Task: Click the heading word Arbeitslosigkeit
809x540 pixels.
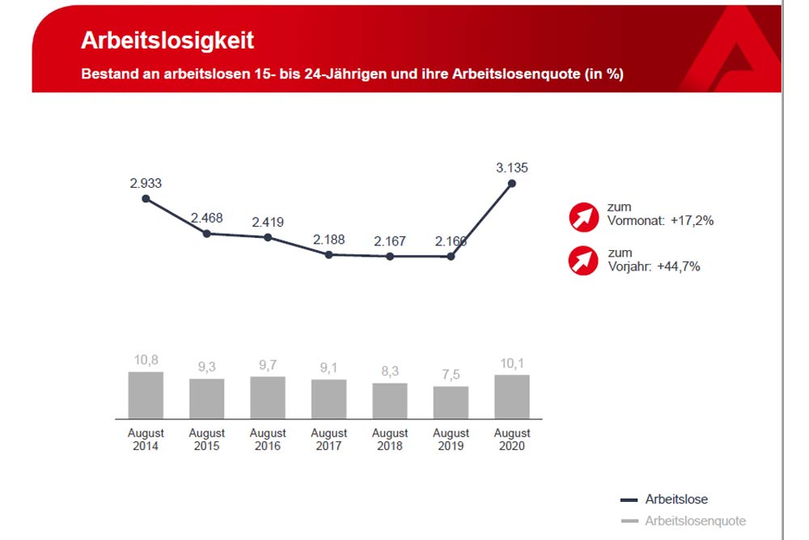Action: (167, 41)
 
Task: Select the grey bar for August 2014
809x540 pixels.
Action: (146, 395)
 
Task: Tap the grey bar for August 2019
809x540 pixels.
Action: (451, 402)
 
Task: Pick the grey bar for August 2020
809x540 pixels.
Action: (512, 397)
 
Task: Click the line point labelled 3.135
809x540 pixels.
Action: (512, 184)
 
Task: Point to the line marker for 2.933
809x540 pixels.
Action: (146, 198)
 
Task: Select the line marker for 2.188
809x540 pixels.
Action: (328, 254)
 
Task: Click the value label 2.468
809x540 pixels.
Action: (206, 218)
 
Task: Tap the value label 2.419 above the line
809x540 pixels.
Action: (268, 222)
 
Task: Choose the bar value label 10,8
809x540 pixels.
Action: (146, 360)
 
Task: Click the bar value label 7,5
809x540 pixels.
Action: (451, 375)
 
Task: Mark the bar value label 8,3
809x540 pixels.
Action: (390, 372)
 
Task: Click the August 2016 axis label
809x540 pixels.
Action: (268, 440)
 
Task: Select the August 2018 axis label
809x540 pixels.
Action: (390, 440)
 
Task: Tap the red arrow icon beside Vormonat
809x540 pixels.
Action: (582, 216)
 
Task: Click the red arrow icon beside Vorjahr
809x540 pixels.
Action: (582, 261)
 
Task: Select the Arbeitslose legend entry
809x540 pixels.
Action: (676, 500)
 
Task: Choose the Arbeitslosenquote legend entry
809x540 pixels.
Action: (695, 521)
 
